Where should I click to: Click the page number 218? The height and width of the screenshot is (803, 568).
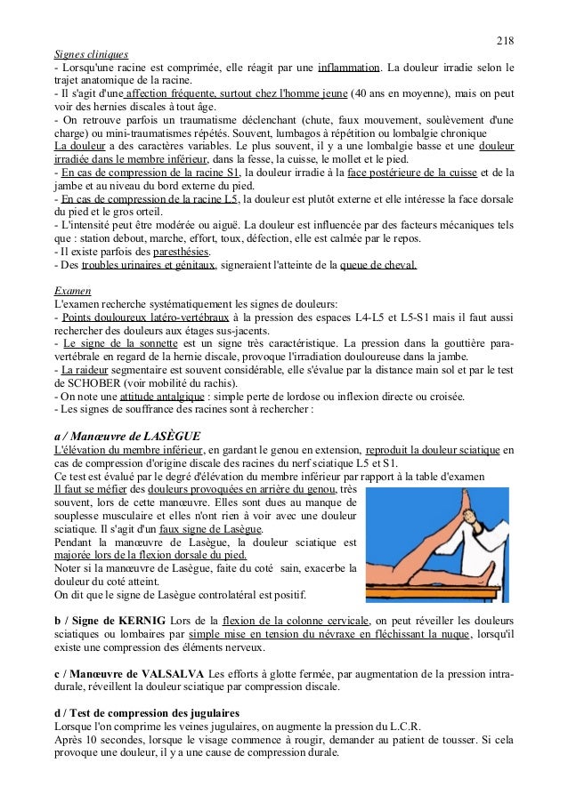click(x=505, y=40)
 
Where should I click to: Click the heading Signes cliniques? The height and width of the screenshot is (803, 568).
click(x=92, y=52)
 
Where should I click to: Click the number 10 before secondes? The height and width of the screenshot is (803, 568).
click(x=93, y=736)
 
